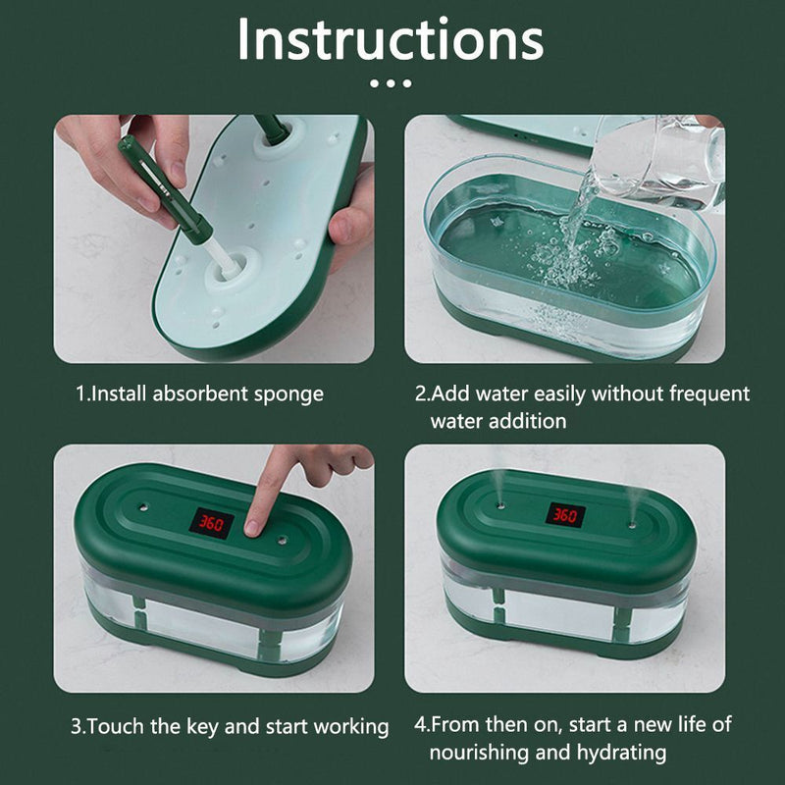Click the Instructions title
[x=391, y=39]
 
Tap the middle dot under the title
[x=391, y=83]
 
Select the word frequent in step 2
[x=709, y=394]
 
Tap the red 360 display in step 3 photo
[x=211, y=523]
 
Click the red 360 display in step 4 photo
[x=565, y=514]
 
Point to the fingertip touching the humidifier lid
[x=253, y=527]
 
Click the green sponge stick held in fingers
[x=165, y=190]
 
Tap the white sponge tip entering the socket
[x=223, y=260]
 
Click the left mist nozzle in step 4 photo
[x=500, y=505]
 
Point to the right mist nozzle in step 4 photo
[x=632, y=525]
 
